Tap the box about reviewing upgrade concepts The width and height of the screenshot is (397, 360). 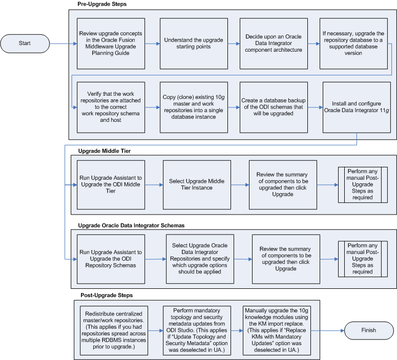tap(111, 44)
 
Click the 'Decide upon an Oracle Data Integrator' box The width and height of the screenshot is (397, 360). tap(274, 44)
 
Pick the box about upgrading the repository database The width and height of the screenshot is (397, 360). tap(353, 44)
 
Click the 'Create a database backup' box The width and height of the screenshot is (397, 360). tap(274, 107)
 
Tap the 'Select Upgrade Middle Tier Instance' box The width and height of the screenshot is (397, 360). tap(196, 185)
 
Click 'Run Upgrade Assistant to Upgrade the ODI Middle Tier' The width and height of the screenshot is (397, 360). tap(111, 185)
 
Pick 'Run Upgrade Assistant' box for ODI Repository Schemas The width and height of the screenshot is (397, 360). tap(111, 259)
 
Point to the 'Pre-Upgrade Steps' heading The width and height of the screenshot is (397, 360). tap(102, 4)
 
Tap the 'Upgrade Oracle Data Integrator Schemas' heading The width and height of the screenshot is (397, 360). tap(131, 225)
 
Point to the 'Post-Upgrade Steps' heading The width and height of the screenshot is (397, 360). tap(107, 295)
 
